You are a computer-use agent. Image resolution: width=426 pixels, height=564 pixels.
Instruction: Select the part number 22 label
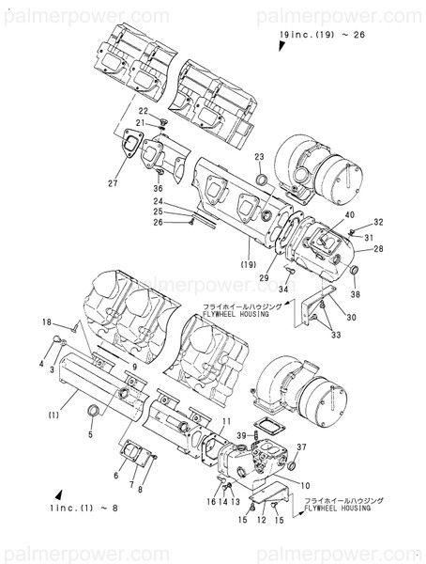[x=145, y=111]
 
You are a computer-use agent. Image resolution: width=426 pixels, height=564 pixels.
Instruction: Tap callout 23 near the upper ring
[x=259, y=156]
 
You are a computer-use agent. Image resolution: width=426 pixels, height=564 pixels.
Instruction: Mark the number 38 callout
[x=357, y=293]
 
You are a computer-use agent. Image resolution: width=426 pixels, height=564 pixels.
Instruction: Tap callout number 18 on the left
[x=46, y=323]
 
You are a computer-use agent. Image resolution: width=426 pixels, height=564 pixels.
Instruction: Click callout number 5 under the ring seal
[x=90, y=435]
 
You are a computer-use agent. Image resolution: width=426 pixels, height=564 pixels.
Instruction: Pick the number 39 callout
[x=241, y=435]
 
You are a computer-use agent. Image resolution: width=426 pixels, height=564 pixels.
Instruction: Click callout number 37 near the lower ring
[x=301, y=446]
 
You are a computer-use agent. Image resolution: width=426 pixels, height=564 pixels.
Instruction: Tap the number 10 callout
[x=306, y=485]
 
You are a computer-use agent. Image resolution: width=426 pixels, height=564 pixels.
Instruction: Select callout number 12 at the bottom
[x=262, y=520]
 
